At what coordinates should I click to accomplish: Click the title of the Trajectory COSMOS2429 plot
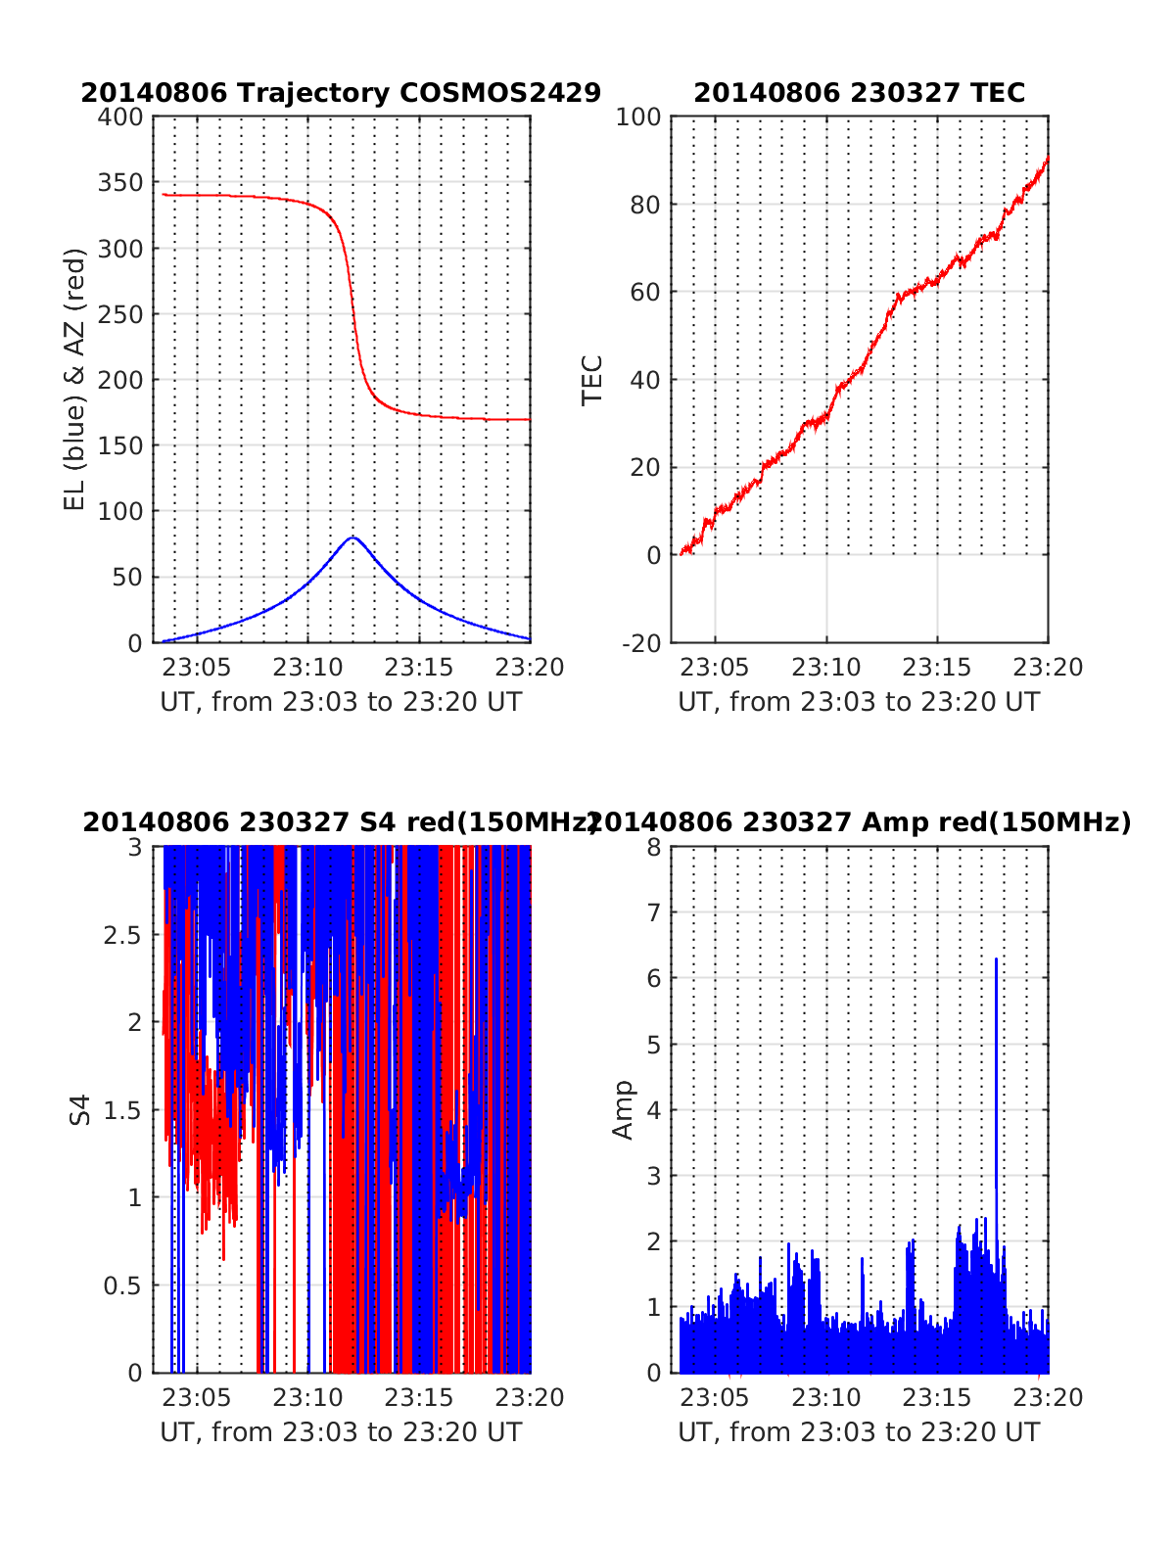[x=341, y=93]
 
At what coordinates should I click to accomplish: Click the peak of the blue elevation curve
[x=352, y=537]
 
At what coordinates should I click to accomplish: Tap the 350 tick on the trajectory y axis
[x=120, y=183]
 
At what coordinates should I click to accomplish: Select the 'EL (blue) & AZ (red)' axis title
[x=75, y=379]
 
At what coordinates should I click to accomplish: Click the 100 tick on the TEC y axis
[x=638, y=117]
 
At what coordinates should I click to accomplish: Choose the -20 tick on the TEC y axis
[x=641, y=643]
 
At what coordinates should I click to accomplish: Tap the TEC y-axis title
[x=592, y=380]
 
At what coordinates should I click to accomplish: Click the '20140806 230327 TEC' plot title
[x=859, y=93]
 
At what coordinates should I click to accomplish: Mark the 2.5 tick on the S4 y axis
[x=122, y=935]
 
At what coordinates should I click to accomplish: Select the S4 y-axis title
[x=80, y=1110]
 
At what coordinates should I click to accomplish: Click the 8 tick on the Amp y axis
[x=654, y=848]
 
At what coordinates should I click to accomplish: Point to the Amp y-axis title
[x=623, y=1110]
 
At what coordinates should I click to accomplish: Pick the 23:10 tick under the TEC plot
[x=825, y=668]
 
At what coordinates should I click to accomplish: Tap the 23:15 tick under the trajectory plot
[x=418, y=668]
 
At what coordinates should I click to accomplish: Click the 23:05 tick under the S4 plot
[x=197, y=1397]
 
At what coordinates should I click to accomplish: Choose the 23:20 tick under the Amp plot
[x=1048, y=1397]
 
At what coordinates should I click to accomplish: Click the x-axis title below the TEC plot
[x=859, y=702]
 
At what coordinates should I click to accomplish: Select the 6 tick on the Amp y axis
[x=654, y=979]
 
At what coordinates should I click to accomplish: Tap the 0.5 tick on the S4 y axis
[x=122, y=1285]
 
